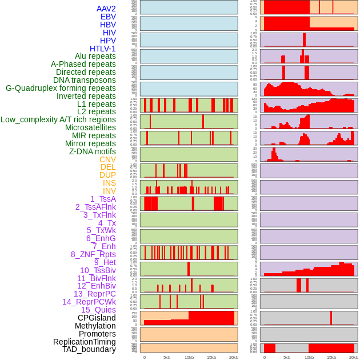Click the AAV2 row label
(106, 9)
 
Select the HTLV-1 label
(103, 49)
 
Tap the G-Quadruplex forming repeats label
(61, 88)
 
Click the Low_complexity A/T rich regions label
(58, 119)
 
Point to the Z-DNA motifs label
(93, 151)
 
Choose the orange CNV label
(107, 159)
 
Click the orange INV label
(109, 191)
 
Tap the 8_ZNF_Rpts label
(93, 254)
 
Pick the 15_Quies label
(98, 310)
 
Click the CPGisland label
(97, 318)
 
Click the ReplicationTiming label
(85, 342)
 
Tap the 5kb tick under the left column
(167, 357)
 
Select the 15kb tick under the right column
(331, 357)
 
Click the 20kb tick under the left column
(234, 357)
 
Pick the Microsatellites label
(90, 127)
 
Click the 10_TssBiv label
(98, 270)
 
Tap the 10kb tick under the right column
(309, 357)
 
